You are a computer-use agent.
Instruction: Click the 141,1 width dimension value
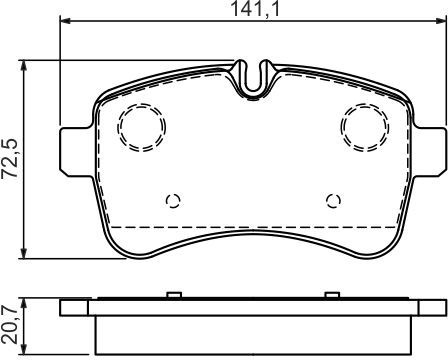coord(255,9)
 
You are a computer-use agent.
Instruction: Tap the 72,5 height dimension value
coord(9,160)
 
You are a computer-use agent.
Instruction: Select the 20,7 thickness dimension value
coord(9,324)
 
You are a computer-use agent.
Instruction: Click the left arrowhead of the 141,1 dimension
coord(65,21)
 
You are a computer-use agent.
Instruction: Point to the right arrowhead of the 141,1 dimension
coord(441,21)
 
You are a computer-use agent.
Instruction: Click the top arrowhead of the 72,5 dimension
coord(23,66)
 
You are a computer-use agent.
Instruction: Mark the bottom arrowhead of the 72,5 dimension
coord(23,253)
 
